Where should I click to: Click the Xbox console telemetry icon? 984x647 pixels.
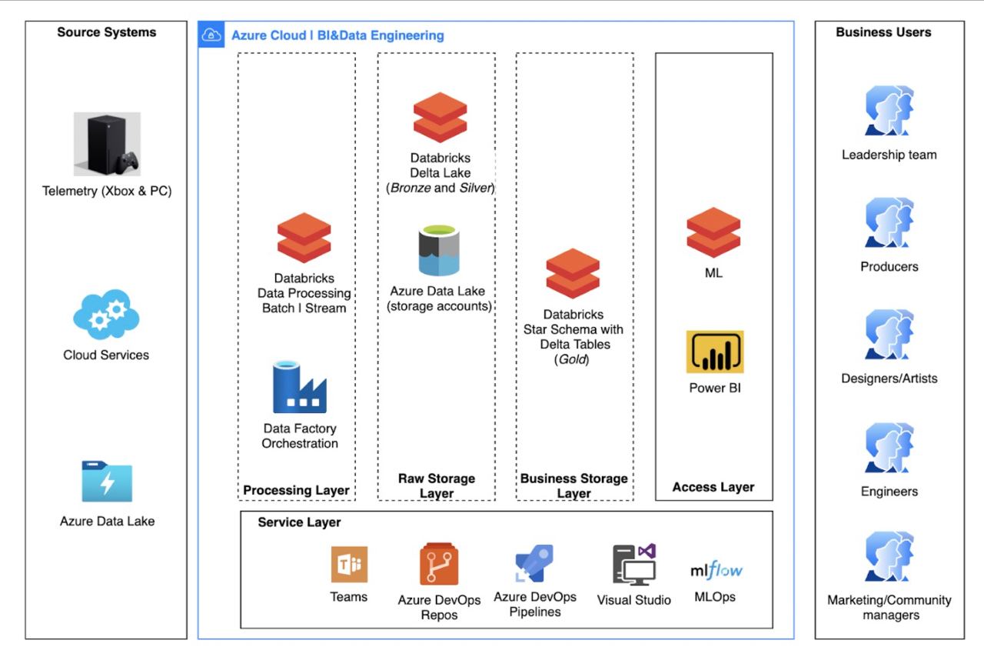click(x=107, y=145)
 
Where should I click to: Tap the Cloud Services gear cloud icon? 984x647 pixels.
click(x=106, y=314)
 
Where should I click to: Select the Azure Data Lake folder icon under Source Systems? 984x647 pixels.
click(x=107, y=482)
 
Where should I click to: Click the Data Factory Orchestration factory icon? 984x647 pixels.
click(x=300, y=388)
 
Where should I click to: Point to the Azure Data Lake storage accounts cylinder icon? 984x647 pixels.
click(x=437, y=250)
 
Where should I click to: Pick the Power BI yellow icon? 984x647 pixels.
click(x=715, y=352)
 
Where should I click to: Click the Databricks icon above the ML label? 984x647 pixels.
click(x=713, y=232)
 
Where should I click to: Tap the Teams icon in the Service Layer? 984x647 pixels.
click(x=349, y=565)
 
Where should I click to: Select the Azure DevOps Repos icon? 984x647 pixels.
click(x=439, y=565)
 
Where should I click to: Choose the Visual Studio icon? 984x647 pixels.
click(x=634, y=565)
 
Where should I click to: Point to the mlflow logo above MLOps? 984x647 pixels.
click(x=716, y=571)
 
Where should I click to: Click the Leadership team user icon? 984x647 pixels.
click(x=889, y=112)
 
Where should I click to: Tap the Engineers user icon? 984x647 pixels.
click(x=889, y=449)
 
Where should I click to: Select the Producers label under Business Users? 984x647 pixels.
click(x=889, y=267)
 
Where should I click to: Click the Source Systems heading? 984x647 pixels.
click(x=106, y=32)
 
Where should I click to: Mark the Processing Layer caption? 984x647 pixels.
click(x=297, y=490)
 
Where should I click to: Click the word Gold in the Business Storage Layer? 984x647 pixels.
click(x=572, y=359)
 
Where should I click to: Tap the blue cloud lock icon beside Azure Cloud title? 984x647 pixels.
click(x=211, y=35)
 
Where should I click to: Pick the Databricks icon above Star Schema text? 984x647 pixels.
click(x=573, y=273)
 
